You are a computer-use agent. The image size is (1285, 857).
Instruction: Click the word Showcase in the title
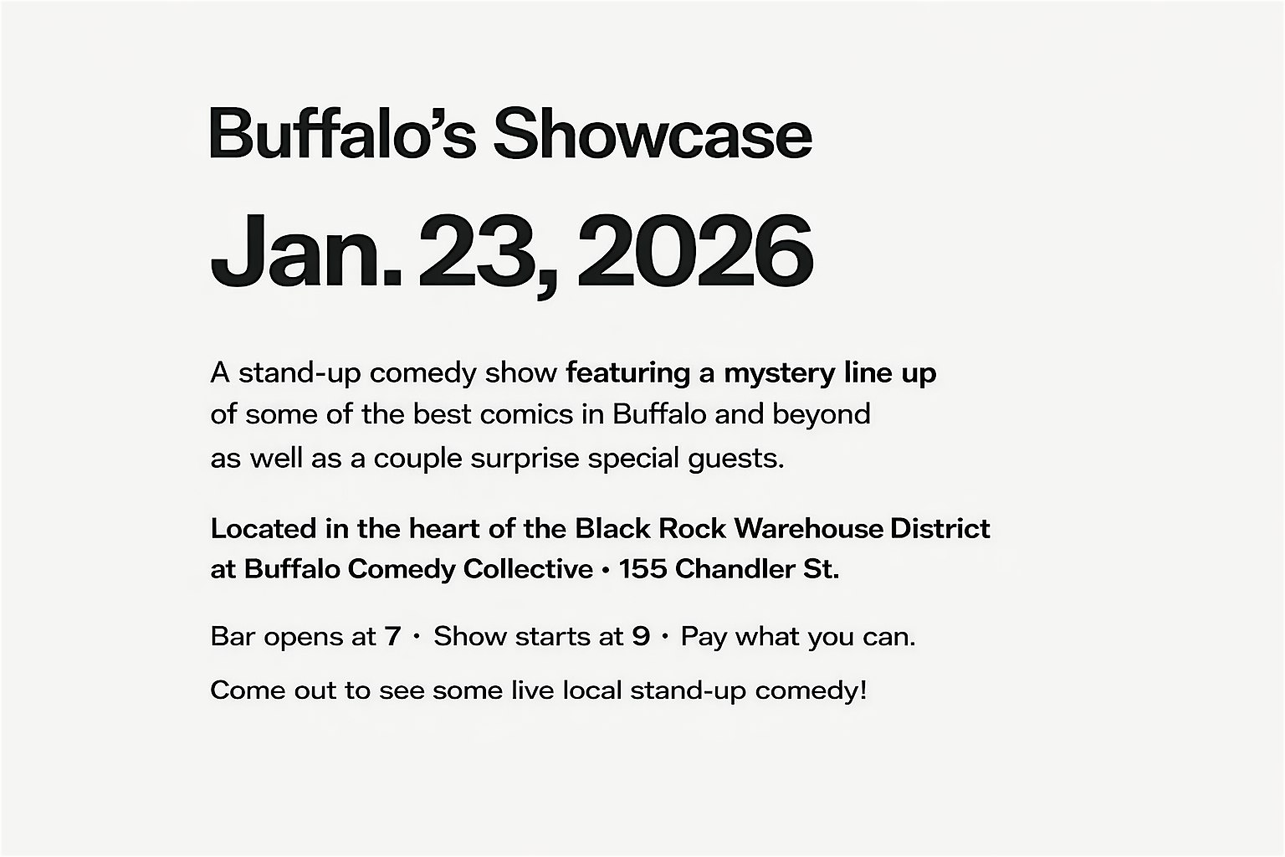(x=653, y=133)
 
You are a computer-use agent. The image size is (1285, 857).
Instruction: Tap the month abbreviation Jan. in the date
(x=306, y=251)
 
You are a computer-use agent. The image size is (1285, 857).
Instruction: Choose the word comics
(x=526, y=414)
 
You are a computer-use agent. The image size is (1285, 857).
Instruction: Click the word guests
(x=736, y=459)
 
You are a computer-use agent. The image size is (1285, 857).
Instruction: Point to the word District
(x=940, y=528)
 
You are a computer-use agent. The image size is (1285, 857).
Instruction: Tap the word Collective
(x=529, y=569)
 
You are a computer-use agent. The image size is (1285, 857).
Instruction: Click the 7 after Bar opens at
(x=392, y=637)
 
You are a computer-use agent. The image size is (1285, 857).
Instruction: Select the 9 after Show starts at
(x=641, y=637)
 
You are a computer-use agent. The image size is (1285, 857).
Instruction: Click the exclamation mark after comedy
(x=862, y=690)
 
